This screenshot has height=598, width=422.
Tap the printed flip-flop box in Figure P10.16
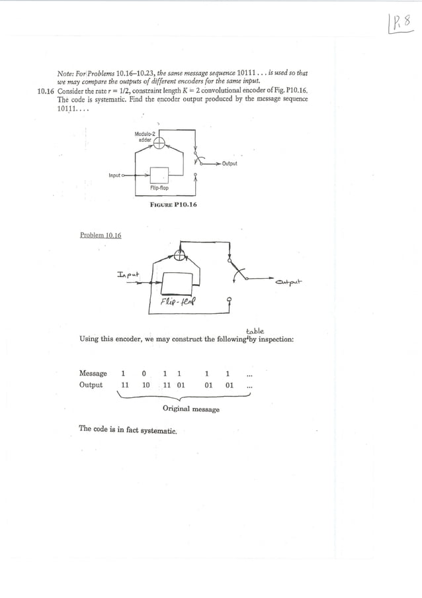pyautogui.click(x=159, y=175)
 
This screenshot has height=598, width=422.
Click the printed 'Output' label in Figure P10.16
pyautogui.click(x=230, y=163)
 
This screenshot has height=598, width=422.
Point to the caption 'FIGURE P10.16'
pyautogui.click(x=174, y=205)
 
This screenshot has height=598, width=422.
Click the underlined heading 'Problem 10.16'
pyautogui.click(x=101, y=234)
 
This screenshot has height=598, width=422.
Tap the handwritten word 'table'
pyautogui.click(x=255, y=330)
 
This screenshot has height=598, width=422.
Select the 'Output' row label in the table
pyautogui.click(x=91, y=385)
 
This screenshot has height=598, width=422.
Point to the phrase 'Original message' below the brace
pyautogui.click(x=191, y=409)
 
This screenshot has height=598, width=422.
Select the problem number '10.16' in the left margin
pyautogui.click(x=45, y=91)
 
